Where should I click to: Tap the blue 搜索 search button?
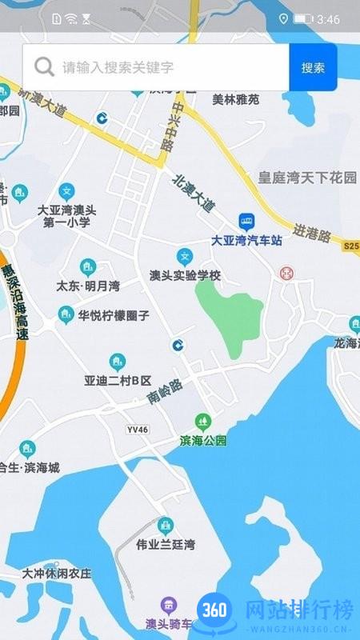tap(313, 67)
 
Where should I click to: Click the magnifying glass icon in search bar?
tap(45, 67)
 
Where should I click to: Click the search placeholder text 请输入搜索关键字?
tap(118, 67)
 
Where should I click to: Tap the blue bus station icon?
tap(246, 221)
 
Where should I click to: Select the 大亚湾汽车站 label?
tap(246, 239)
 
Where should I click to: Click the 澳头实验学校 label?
tap(185, 275)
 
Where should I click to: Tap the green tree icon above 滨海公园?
tap(203, 421)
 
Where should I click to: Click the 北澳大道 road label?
tap(194, 193)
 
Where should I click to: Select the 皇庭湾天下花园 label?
tap(307, 178)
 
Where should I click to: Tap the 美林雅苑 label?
tap(236, 100)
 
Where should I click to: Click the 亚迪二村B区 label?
tap(118, 380)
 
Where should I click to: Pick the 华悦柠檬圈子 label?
tap(114, 315)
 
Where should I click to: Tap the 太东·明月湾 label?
tap(88, 286)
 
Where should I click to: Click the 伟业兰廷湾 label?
tap(166, 545)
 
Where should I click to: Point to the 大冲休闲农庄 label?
tap(57, 574)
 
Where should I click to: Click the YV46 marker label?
tap(138, 430)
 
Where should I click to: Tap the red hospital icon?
tap(286, 273)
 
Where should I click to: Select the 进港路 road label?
tap(312, 233)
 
